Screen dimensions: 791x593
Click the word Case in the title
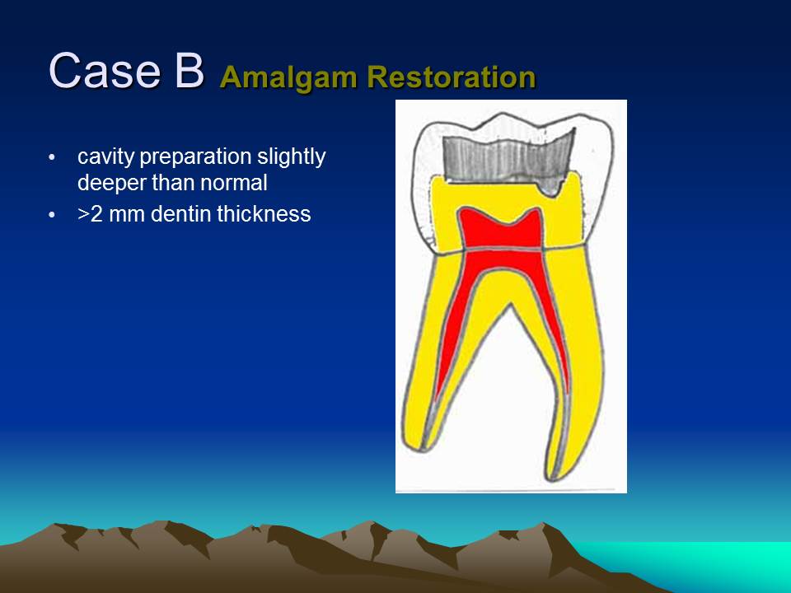[x=105, y=71]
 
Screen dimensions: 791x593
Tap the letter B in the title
[x=190, y=71]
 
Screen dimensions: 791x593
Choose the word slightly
[x=292, y=157]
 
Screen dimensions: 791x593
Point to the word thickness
[x=264, y=214]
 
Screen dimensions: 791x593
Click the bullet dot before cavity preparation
[x=51, y=158]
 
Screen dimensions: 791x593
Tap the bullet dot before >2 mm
[x=51, y=215]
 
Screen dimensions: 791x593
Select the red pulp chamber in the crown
[x=500, y=230]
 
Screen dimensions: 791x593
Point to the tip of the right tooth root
[x=552, y=479]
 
